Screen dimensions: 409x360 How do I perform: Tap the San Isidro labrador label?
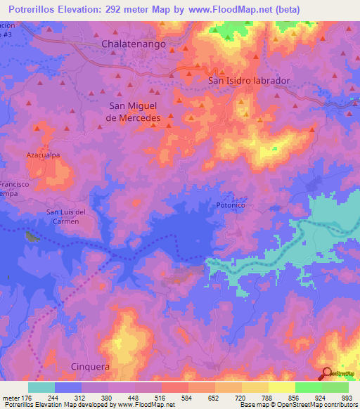[249, 81]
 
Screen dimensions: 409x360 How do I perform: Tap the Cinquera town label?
[91, 365]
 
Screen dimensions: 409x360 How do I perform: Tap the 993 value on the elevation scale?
[347, 397]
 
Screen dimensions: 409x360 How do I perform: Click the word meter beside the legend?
[10, 397]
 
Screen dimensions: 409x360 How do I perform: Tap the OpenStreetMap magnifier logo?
[328, 373]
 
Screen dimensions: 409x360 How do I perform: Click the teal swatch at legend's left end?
[41, 387]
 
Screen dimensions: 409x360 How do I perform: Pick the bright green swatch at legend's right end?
[335, 387]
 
